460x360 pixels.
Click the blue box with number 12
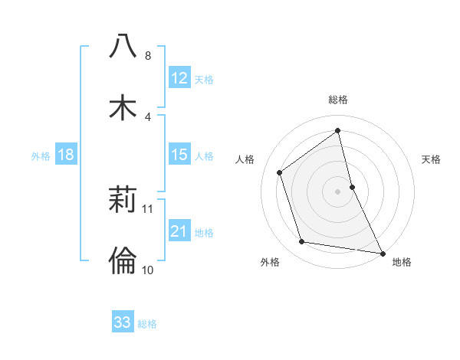coord(179,79)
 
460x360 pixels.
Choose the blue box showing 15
coord(179,155)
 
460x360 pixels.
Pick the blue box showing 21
coord(179,232)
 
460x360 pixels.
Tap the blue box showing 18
coord(66,155)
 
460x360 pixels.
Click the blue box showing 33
coord(123,322)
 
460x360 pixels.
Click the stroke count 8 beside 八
coord(147,56)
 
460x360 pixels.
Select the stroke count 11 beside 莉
coord(148,208)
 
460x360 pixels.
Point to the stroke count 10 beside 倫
coord(148,270)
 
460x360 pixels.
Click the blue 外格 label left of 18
coord(41,156)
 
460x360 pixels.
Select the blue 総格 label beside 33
coord(147,324)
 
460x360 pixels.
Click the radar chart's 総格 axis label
coord(338,100)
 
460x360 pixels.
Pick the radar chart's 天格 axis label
coord(432,159)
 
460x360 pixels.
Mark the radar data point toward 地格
coord(382,252)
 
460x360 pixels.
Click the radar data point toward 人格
coord(280,172)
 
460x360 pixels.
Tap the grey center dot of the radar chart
coord(338,191)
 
